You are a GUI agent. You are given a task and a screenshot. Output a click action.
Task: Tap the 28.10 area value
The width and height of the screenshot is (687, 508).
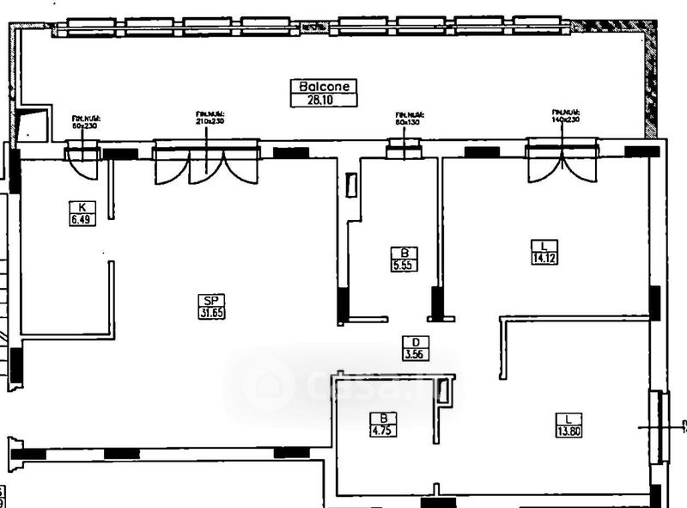point(323,100)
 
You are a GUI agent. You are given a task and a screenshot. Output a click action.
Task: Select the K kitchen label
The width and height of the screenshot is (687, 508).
point(82,207)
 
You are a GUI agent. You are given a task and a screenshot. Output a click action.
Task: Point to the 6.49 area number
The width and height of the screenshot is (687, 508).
point(82,219)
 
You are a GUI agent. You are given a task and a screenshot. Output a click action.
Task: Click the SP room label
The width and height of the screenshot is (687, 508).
point(210,300)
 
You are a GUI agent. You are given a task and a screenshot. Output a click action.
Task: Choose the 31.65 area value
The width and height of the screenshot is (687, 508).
point(210,313)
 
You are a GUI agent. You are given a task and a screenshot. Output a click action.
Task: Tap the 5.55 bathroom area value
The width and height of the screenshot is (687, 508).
point(404,266)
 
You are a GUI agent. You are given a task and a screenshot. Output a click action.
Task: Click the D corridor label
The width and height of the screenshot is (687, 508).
point(416,341)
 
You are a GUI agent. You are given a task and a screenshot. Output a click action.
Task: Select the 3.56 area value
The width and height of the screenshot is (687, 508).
point(416,353)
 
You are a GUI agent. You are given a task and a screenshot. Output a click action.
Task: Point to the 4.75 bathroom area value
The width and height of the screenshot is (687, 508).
point(379,431)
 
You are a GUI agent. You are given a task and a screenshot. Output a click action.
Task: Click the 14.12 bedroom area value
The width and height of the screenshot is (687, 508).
point(544,257)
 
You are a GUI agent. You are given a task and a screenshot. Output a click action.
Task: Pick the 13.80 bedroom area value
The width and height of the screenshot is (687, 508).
point(568,431)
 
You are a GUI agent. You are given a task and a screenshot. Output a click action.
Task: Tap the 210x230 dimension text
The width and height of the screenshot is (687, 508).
point(209,122)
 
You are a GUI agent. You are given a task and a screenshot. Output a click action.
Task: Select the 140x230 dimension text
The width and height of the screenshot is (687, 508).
point(566,120)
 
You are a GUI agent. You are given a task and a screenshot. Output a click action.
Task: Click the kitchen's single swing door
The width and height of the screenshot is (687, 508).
point(83,164)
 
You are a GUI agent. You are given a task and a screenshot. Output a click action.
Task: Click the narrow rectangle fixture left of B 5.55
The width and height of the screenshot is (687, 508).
point(350,185)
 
